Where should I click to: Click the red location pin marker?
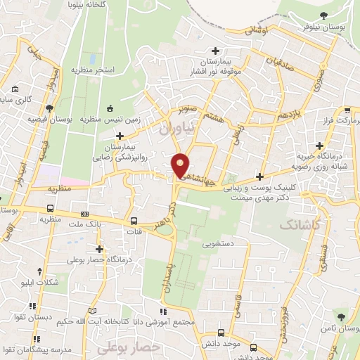pos(181,165)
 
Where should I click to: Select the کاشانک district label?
pos(302,225)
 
